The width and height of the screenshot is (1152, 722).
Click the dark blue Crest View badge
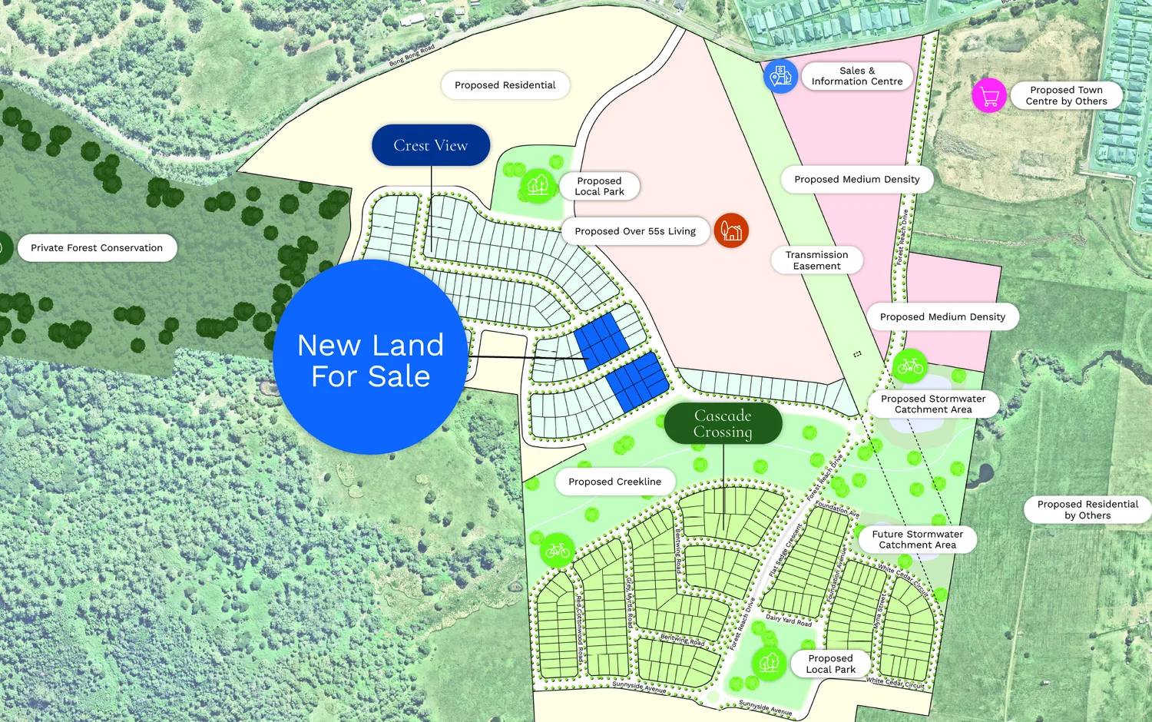point(431,145)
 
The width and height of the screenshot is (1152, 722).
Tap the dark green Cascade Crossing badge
point(723,424)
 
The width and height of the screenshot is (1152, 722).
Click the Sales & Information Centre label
point(856,76)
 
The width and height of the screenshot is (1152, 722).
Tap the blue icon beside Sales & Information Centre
point(780,76)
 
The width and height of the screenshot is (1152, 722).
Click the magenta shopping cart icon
point(989,96)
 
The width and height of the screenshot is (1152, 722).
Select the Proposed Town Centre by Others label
point(1066,95)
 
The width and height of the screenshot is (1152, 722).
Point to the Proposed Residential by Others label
point(1087,510)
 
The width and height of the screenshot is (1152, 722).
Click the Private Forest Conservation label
point(97,248)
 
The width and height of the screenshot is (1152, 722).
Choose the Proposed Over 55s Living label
point(635,231)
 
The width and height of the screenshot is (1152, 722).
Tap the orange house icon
point(731,230)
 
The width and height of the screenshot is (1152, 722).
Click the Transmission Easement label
point(816,260)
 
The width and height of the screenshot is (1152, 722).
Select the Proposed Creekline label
point(614,482)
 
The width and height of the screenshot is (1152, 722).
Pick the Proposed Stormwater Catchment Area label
point(933,404)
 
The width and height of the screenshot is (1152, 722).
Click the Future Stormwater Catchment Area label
point(917,539)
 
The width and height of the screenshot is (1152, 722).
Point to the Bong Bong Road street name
point(412,55)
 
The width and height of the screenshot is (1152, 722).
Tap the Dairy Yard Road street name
point(788,620)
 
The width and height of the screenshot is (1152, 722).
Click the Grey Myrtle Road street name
point(630,603)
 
